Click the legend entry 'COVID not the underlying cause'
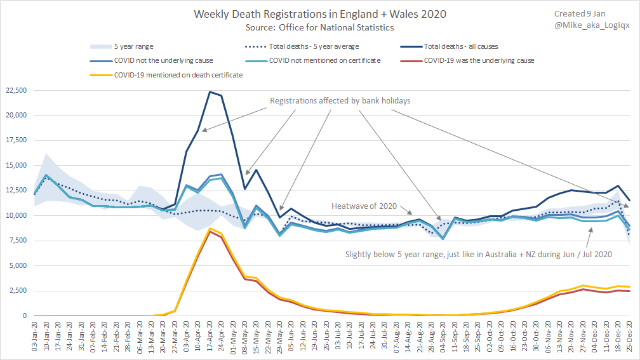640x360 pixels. tap(163, 61)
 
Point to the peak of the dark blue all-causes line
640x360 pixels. tap(209, 91)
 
